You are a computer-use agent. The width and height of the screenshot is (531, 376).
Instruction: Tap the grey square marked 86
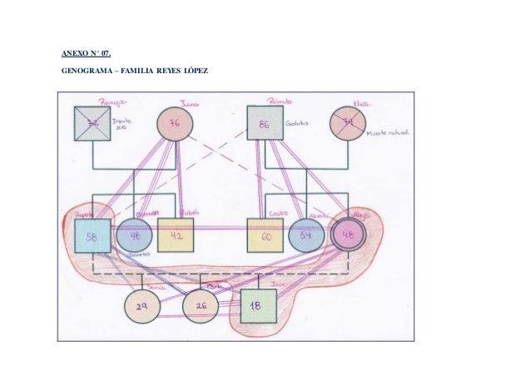point(265,124)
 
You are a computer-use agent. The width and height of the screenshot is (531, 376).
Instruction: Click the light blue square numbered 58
point(92,236)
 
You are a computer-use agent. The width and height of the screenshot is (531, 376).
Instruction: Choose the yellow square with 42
point(176,236)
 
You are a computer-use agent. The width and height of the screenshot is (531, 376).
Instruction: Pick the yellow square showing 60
point(265,236)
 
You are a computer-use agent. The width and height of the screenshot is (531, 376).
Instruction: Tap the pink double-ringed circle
point(349,236)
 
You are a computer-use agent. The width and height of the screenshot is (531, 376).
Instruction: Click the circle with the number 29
point(142,307)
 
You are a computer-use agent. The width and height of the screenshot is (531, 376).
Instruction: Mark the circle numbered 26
point(200,307)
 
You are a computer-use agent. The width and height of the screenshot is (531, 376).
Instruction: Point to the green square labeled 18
point(259,307)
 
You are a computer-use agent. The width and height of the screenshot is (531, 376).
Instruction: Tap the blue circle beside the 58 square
point(133,236)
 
